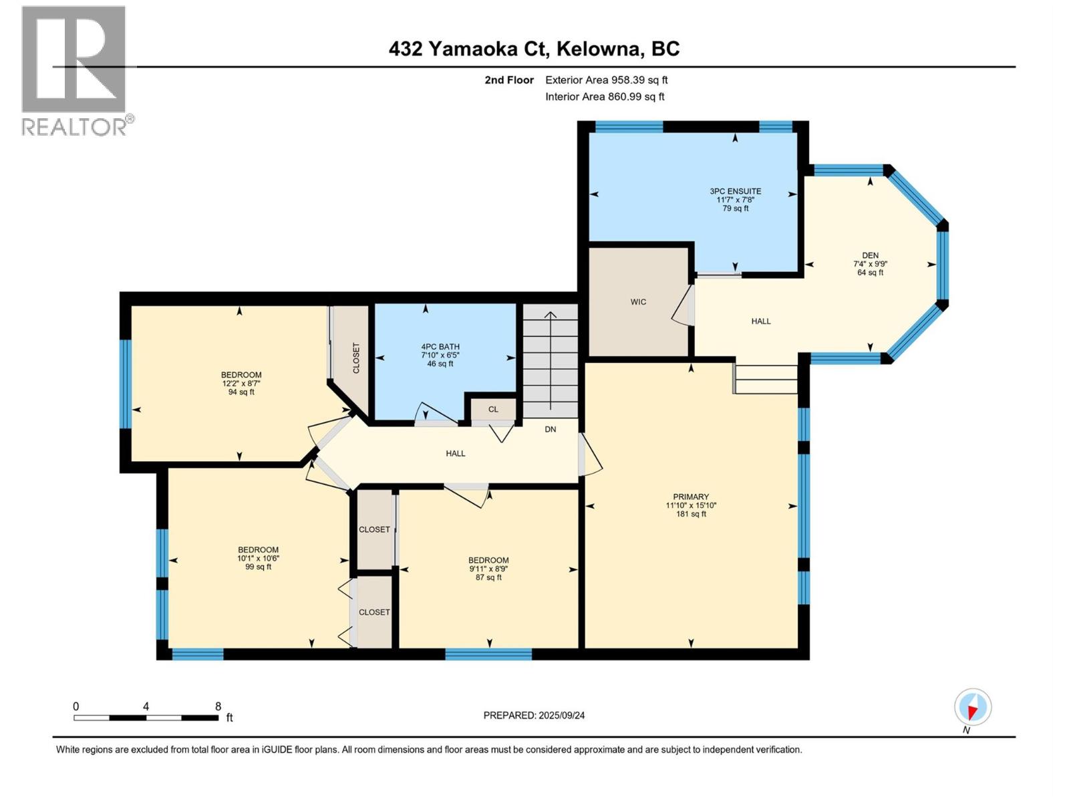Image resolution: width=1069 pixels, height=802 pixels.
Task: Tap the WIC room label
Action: point(638,302)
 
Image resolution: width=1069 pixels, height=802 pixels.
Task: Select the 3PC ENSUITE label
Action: point(736,191)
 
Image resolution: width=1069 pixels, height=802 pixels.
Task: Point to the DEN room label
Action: point(871,255)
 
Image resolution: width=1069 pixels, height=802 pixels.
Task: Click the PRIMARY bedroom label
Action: point(691,497)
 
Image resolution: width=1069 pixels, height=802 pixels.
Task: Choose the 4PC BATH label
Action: point(440,347)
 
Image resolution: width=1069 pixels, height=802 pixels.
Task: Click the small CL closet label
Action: point(493,409)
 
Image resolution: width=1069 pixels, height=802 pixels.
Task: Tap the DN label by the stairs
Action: point(551,429)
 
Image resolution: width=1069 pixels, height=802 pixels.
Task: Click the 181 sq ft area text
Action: point(691,514)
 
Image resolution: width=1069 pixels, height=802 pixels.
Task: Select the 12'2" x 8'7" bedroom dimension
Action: point(242,383)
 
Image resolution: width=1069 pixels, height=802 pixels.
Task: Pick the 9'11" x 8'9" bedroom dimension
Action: point(488,569)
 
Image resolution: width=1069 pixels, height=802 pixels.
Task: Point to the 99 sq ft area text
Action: point(258,567)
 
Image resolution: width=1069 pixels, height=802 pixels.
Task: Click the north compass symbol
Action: point(973,707)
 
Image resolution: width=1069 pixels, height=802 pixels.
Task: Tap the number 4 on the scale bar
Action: point(146,706)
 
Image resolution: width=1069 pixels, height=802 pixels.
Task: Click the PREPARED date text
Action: point(534,715)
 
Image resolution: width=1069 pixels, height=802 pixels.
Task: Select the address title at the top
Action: point(534,49)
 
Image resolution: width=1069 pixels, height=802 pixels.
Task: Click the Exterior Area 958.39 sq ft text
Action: point(607,80)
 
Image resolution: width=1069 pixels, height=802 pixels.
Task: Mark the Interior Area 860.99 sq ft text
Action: point(605,96)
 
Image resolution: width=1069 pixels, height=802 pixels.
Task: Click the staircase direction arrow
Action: point(551,360)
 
